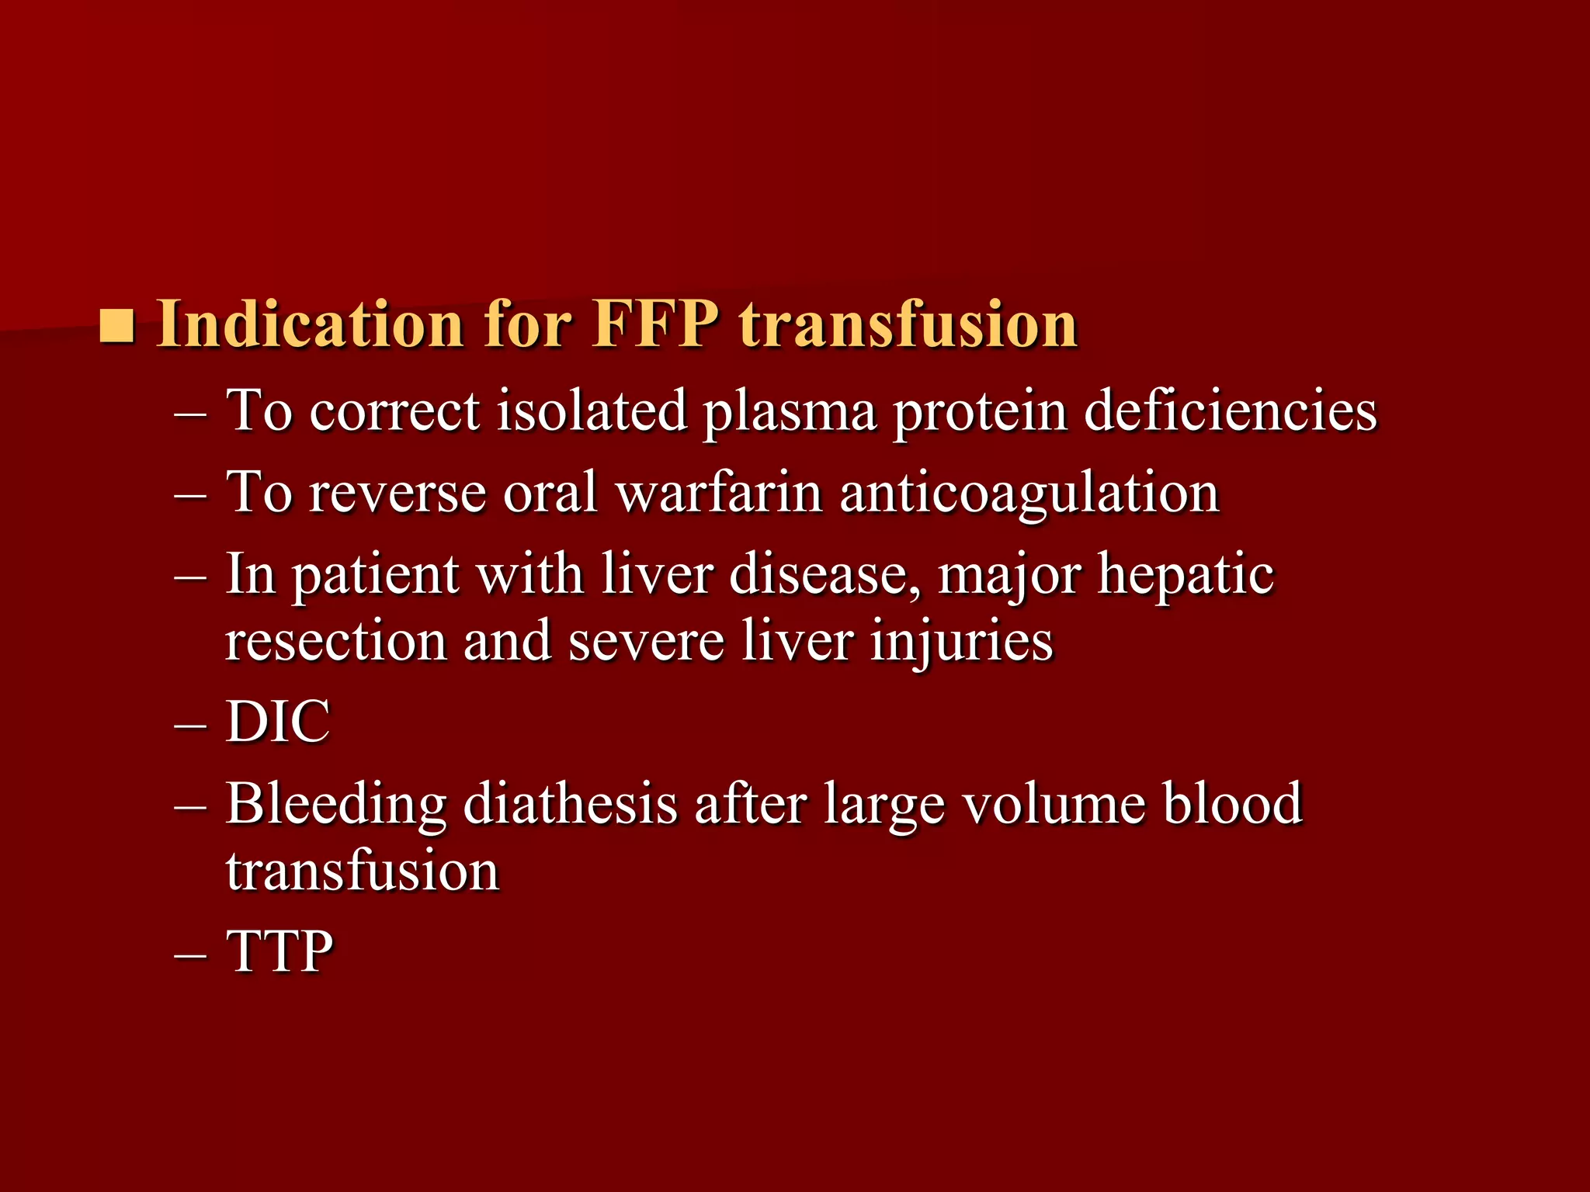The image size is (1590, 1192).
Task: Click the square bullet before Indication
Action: pos(117,326)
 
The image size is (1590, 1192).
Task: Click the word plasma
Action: pos(790,411)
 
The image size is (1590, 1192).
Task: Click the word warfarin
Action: pos(719,492)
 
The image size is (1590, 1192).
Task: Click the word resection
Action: pos(335,641)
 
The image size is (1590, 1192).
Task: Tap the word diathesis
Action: pos(570,804)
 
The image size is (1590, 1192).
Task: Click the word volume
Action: pos(1054,804)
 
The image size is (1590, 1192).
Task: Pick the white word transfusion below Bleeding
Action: pos(363,871)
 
